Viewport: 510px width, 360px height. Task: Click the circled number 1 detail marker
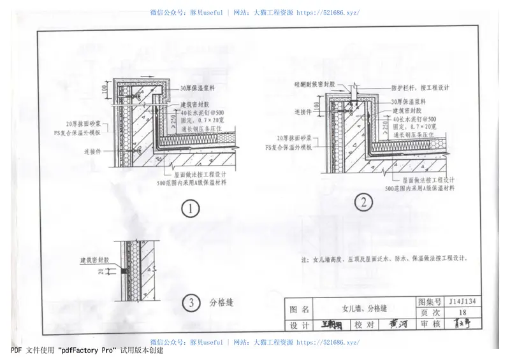(190, 208)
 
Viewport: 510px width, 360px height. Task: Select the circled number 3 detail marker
(190, 303)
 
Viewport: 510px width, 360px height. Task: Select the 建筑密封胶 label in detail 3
(94, 260)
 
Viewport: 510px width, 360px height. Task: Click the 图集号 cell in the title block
(428, 301)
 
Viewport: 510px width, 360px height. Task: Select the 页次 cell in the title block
(428, 312)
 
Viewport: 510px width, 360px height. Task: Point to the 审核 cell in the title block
(428, 325)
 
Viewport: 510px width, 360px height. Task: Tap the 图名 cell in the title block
(299, 308)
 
